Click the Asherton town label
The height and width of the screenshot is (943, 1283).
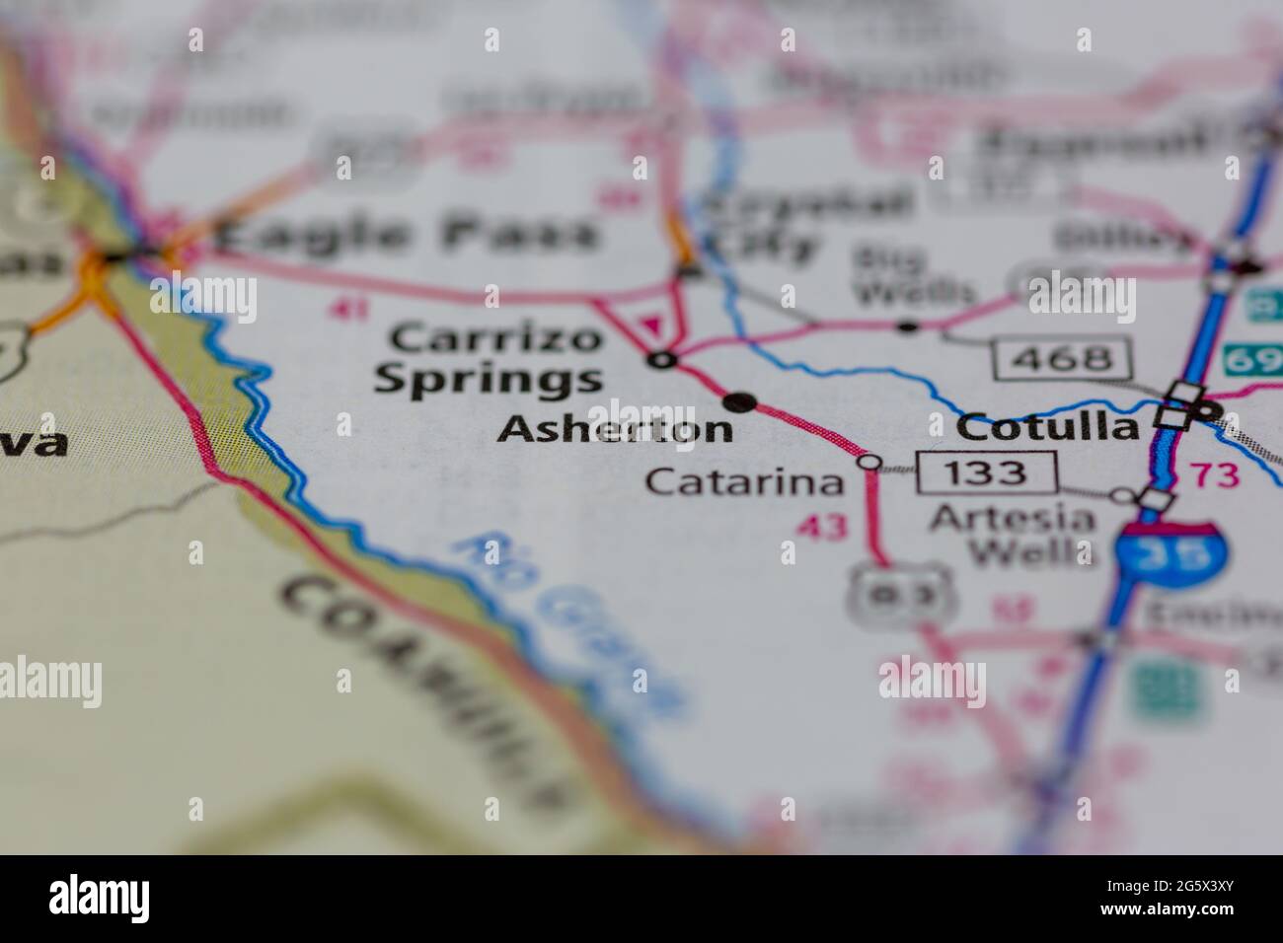click(x=616, y=429)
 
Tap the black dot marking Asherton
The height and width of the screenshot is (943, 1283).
click(x=740, y=401)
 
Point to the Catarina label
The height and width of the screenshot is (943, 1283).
click(x=745, y=482)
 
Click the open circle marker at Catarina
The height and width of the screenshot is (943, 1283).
click(x=868, y=461)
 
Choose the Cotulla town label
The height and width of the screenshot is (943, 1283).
click(x=1048, y=427)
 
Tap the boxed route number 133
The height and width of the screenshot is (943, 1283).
click(x=986, y=472)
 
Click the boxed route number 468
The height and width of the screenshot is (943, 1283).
click(x=1061, y=356)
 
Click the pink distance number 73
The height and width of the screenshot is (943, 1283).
click(x=1214, y=475)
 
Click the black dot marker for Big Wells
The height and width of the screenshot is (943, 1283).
click(x=907, y=325)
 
